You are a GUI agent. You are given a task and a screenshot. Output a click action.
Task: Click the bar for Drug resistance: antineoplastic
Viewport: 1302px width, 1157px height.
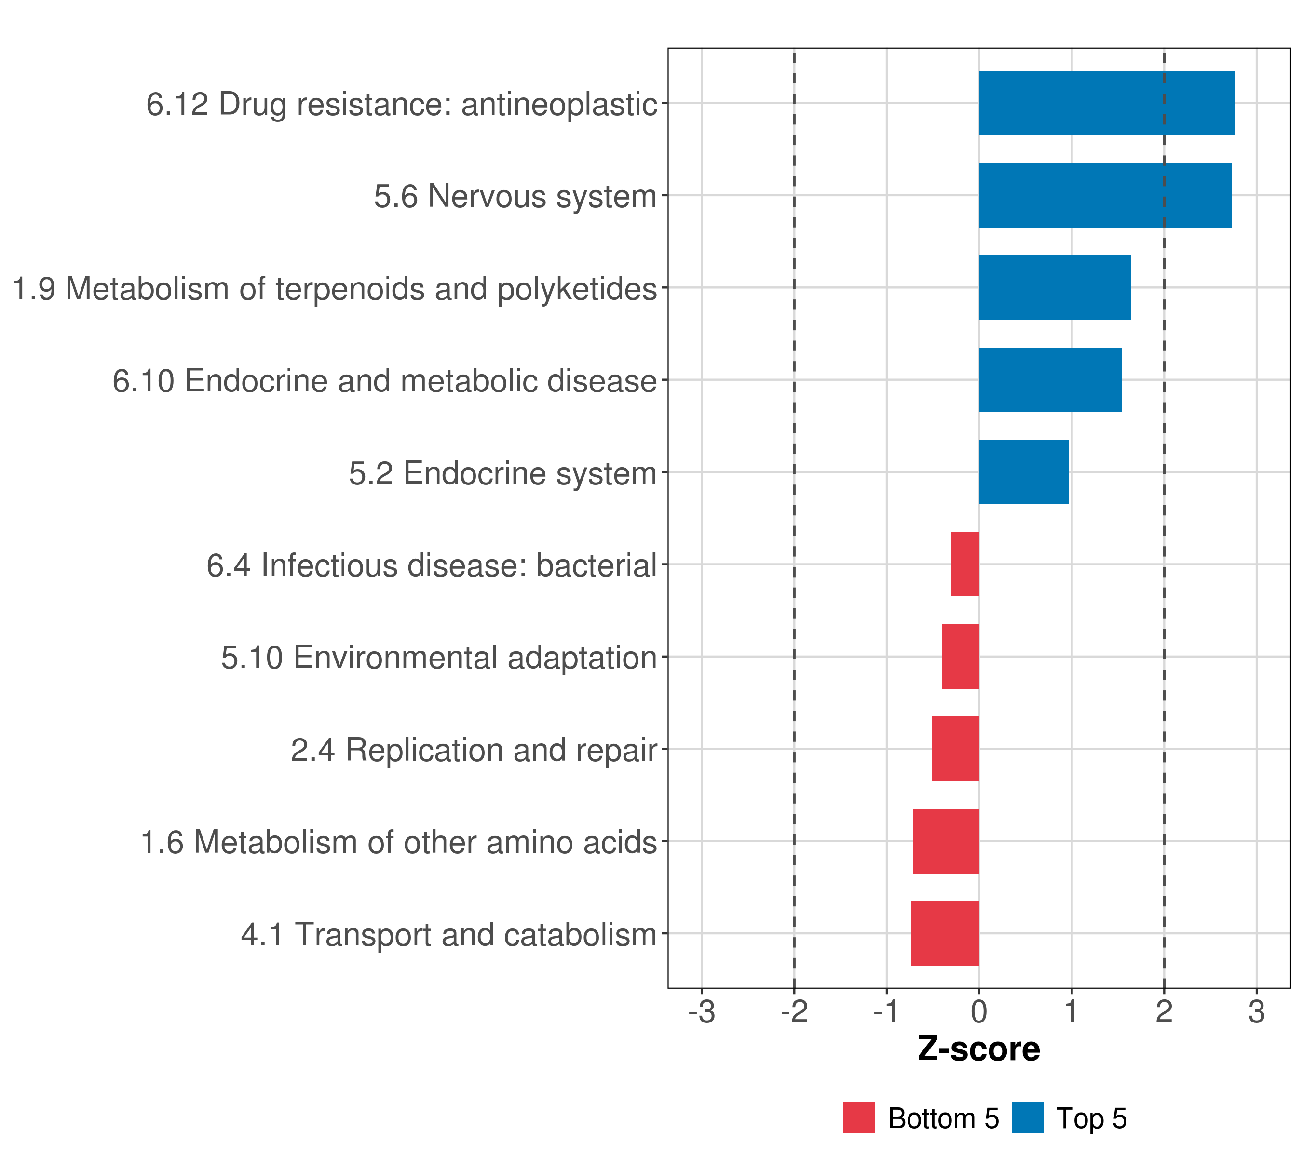point(1106,103)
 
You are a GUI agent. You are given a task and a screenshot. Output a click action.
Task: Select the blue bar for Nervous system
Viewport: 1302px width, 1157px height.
point(1105,196)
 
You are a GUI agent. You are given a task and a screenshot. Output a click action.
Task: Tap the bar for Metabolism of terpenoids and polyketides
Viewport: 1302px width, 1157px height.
point(1055,287)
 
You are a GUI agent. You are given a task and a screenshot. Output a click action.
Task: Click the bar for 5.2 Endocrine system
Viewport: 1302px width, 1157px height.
point(1024,472)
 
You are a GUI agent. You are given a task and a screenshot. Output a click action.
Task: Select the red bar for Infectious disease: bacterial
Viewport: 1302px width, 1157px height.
point(965,564)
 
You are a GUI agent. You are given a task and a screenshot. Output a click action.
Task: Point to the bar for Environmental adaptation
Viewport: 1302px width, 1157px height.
point(961,657)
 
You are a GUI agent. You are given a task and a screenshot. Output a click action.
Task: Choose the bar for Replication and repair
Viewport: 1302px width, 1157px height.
point(955,749)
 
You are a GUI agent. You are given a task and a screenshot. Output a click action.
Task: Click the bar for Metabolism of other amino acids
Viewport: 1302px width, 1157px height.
point(946,841)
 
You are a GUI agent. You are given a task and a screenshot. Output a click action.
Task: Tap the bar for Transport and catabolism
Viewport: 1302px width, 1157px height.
point(945,933)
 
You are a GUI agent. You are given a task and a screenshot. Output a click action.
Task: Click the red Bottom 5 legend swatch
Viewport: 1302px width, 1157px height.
point(859,1117)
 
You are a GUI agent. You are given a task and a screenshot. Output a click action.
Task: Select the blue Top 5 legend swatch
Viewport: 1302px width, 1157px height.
point(1028,1117)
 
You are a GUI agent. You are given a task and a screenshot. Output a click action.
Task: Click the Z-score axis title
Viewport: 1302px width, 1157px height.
point(978,1049)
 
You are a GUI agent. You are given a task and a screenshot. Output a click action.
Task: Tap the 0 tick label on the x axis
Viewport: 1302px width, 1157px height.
point(979,1012)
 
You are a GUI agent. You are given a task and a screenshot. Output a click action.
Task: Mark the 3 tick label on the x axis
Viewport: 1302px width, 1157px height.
point(1256,1012)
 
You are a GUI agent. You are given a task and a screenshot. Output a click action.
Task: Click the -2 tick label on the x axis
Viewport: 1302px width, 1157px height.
point(794,1012)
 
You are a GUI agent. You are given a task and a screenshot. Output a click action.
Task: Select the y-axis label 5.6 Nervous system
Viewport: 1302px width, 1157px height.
point(515,196)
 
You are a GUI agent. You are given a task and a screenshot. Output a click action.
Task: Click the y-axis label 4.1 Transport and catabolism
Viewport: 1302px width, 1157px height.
point(448,935)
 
